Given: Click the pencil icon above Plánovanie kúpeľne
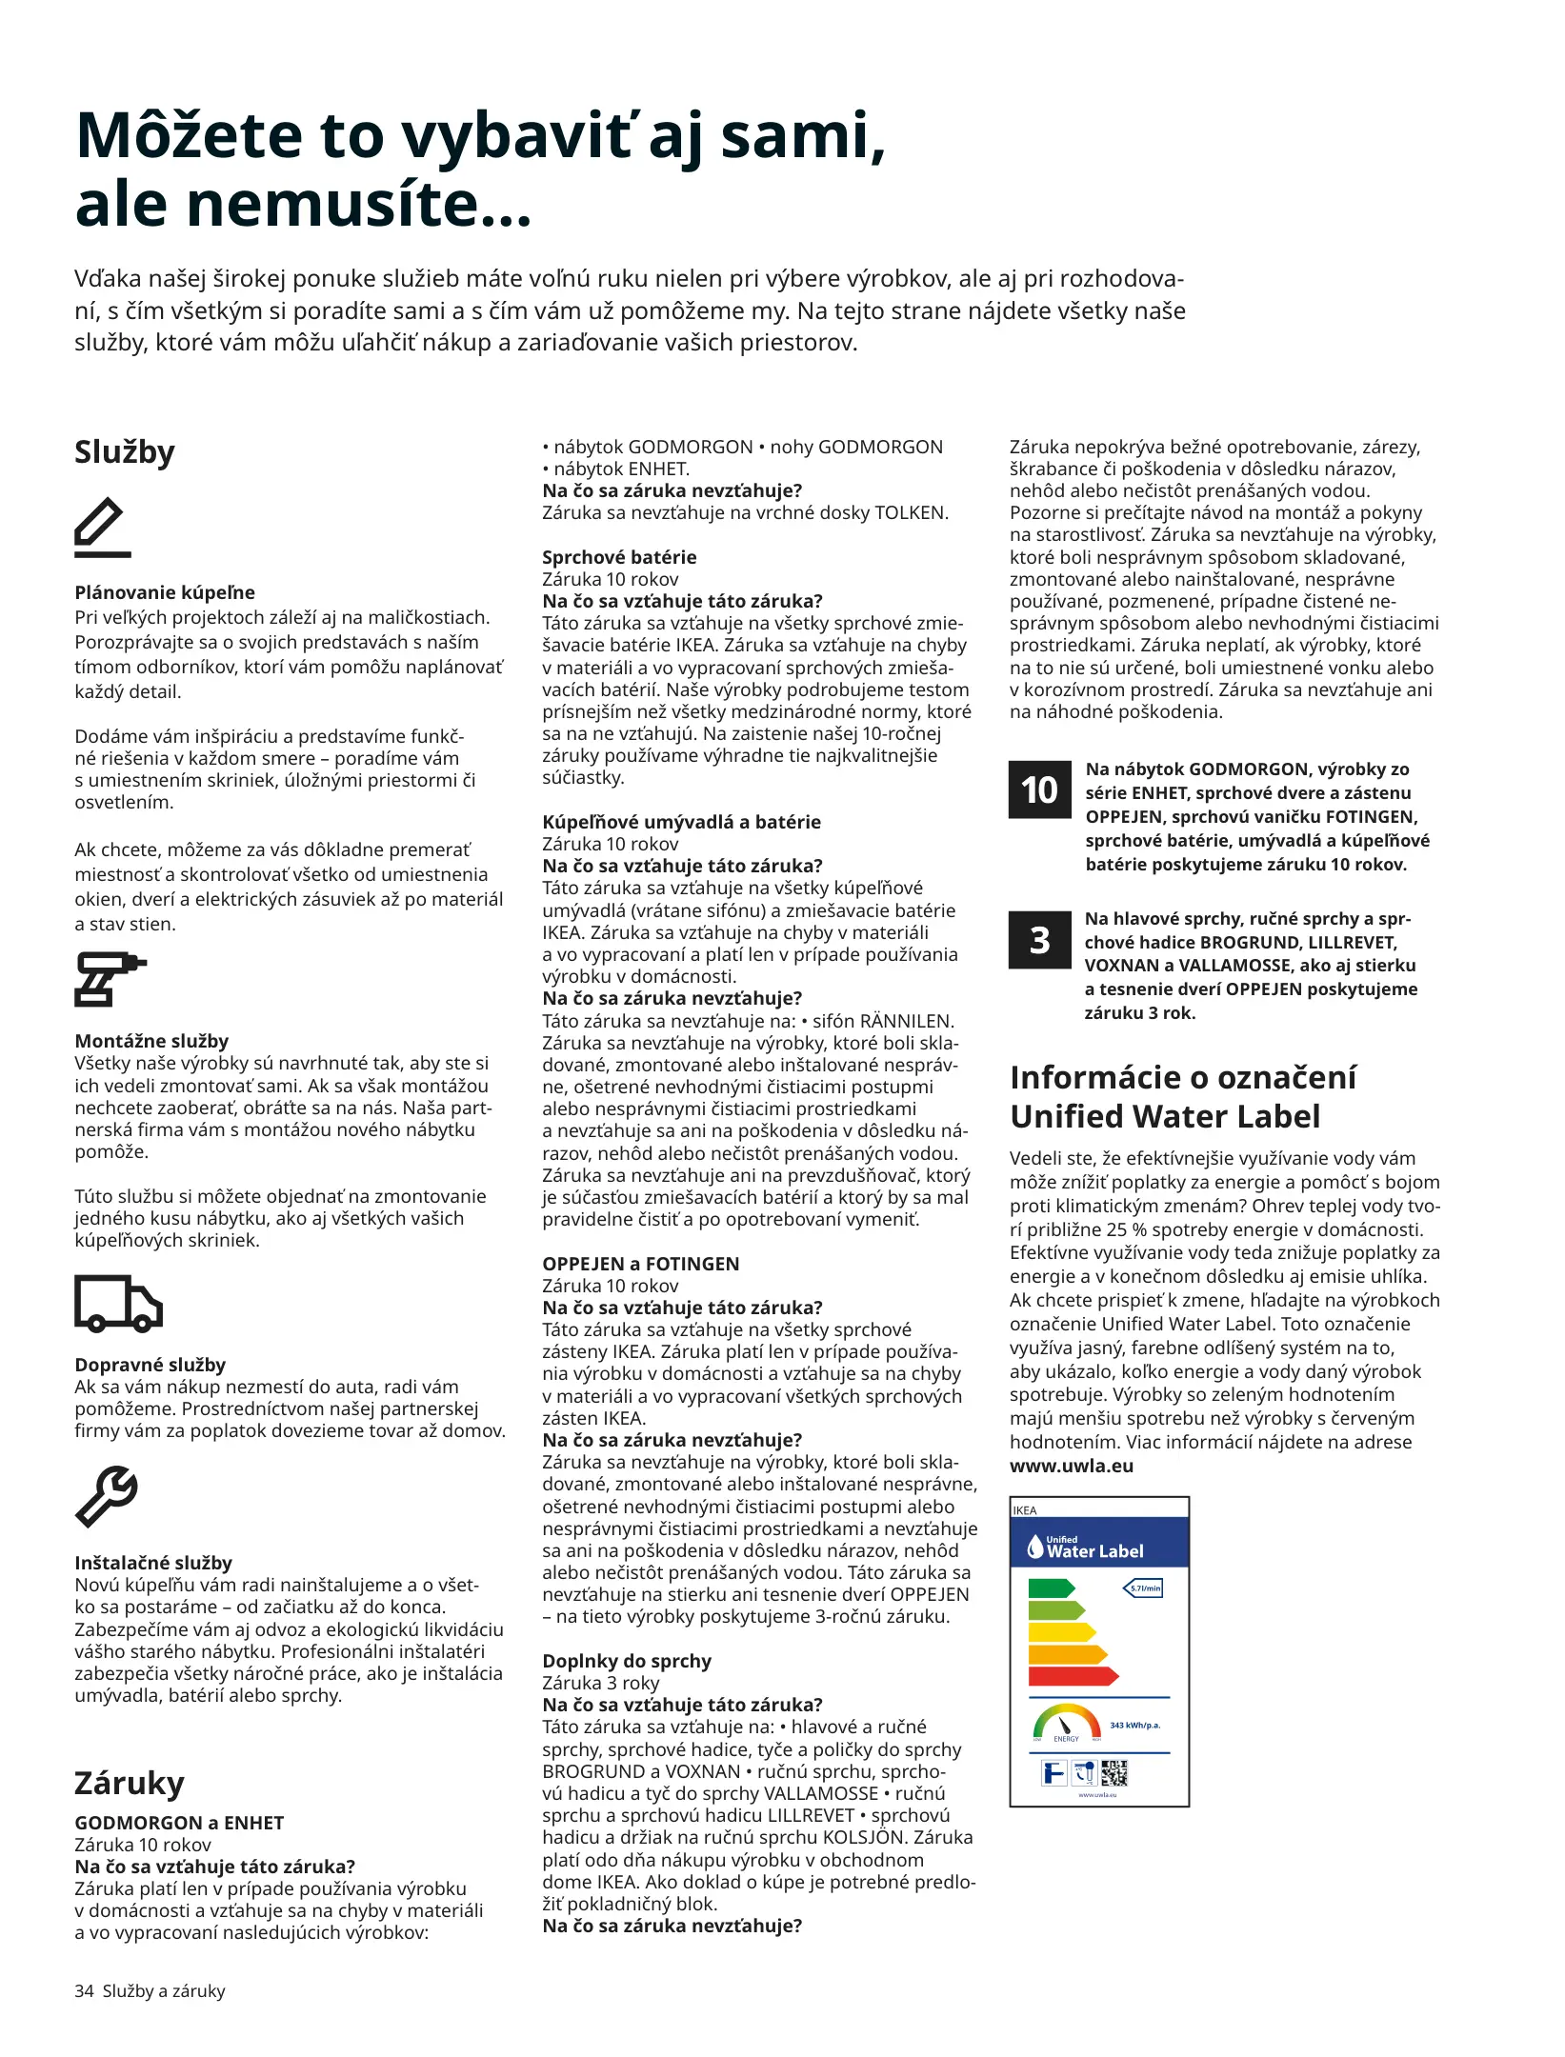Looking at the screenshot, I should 103,526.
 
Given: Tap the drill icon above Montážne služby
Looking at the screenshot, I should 109,978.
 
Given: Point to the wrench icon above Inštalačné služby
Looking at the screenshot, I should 107,1496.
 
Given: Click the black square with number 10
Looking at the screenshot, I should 1039,789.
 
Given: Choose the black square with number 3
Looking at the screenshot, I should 1039,940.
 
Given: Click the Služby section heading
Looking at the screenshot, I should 125,451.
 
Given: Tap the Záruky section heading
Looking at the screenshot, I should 130,1783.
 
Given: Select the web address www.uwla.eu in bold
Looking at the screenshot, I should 1072,1466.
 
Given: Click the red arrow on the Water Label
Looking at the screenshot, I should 1073,1675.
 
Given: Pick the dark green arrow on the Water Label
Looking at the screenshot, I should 1051,1588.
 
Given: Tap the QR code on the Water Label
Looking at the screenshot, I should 1114,1773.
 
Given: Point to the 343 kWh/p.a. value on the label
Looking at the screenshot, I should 1134,1725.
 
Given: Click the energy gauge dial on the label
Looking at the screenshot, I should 1067,1722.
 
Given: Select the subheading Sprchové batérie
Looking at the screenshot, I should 619,557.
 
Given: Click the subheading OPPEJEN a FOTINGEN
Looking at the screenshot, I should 640,1264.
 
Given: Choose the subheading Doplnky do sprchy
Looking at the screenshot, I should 627,1661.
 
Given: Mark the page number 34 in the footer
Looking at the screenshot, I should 84,1990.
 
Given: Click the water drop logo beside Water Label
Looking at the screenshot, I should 1035,1547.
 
